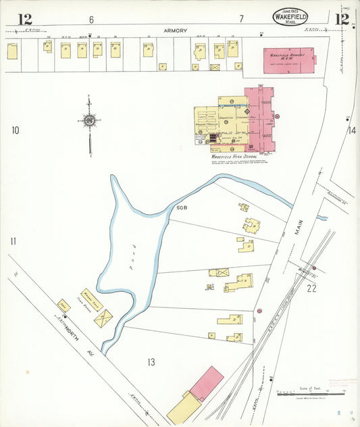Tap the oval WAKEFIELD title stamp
(290, 16)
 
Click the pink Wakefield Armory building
(288, 60)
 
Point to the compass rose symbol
(89, 122)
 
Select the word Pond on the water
(134, 252)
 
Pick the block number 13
(151, 362)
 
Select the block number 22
(311, 288)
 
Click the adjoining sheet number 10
(15, 130)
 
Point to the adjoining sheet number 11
(13, 241)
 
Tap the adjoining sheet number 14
(351, 130)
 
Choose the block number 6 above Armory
(91, 18)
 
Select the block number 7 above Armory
(240, 18)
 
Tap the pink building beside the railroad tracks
(207, 382)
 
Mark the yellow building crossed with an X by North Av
(103, 318)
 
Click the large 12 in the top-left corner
(24, 18)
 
